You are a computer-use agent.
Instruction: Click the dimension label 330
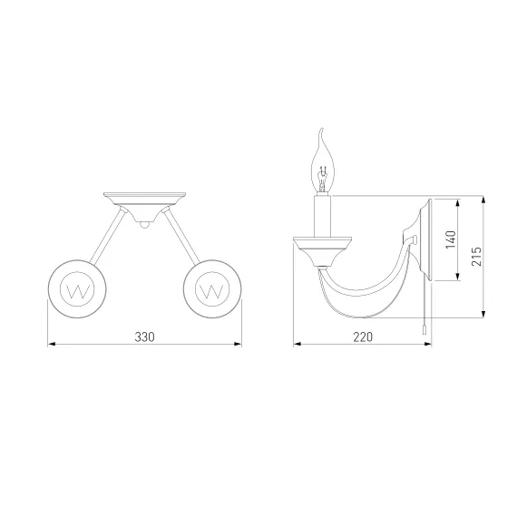[x=144, y=337]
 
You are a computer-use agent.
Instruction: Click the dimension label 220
[x=363, y=337]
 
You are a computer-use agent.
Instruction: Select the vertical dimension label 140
[x=451, y=239]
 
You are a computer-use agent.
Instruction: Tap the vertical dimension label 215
[x=476, y=256]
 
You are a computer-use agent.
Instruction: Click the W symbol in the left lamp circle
[x=77, y=291]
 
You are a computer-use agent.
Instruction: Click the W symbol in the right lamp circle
[x=212, y=291]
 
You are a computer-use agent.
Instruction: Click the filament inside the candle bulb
[x=322, y=178]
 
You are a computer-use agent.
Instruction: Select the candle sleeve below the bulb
[x=322, y=216]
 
